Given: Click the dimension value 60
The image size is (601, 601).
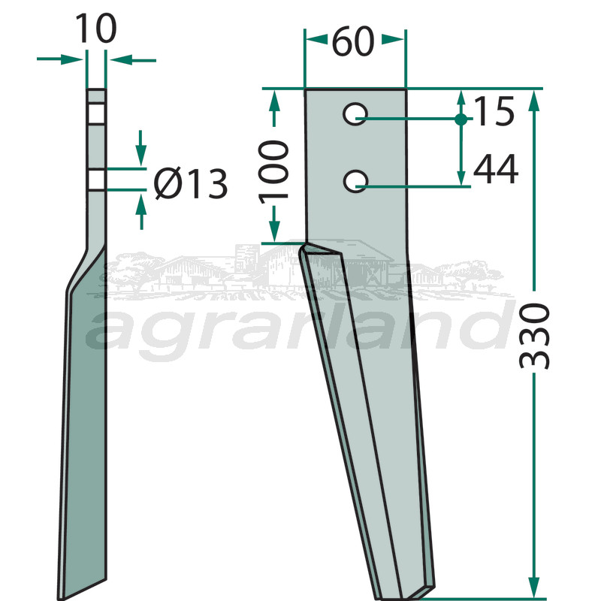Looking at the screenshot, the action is tap(353, 41).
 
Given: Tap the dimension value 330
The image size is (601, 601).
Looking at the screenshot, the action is tap(534, 336).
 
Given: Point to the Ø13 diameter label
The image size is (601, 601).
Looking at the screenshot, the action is tap(191, 184).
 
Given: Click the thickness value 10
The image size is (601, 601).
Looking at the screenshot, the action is tap(96, 29).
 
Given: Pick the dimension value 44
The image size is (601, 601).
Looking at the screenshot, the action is tap(496, 170).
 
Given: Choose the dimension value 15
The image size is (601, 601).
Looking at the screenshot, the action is tap(494, 111).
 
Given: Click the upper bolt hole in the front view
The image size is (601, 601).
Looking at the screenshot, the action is tap(355, 114).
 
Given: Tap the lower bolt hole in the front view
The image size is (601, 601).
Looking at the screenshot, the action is tap(355, 181).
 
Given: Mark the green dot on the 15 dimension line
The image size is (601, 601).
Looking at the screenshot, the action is tap(461, 119).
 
